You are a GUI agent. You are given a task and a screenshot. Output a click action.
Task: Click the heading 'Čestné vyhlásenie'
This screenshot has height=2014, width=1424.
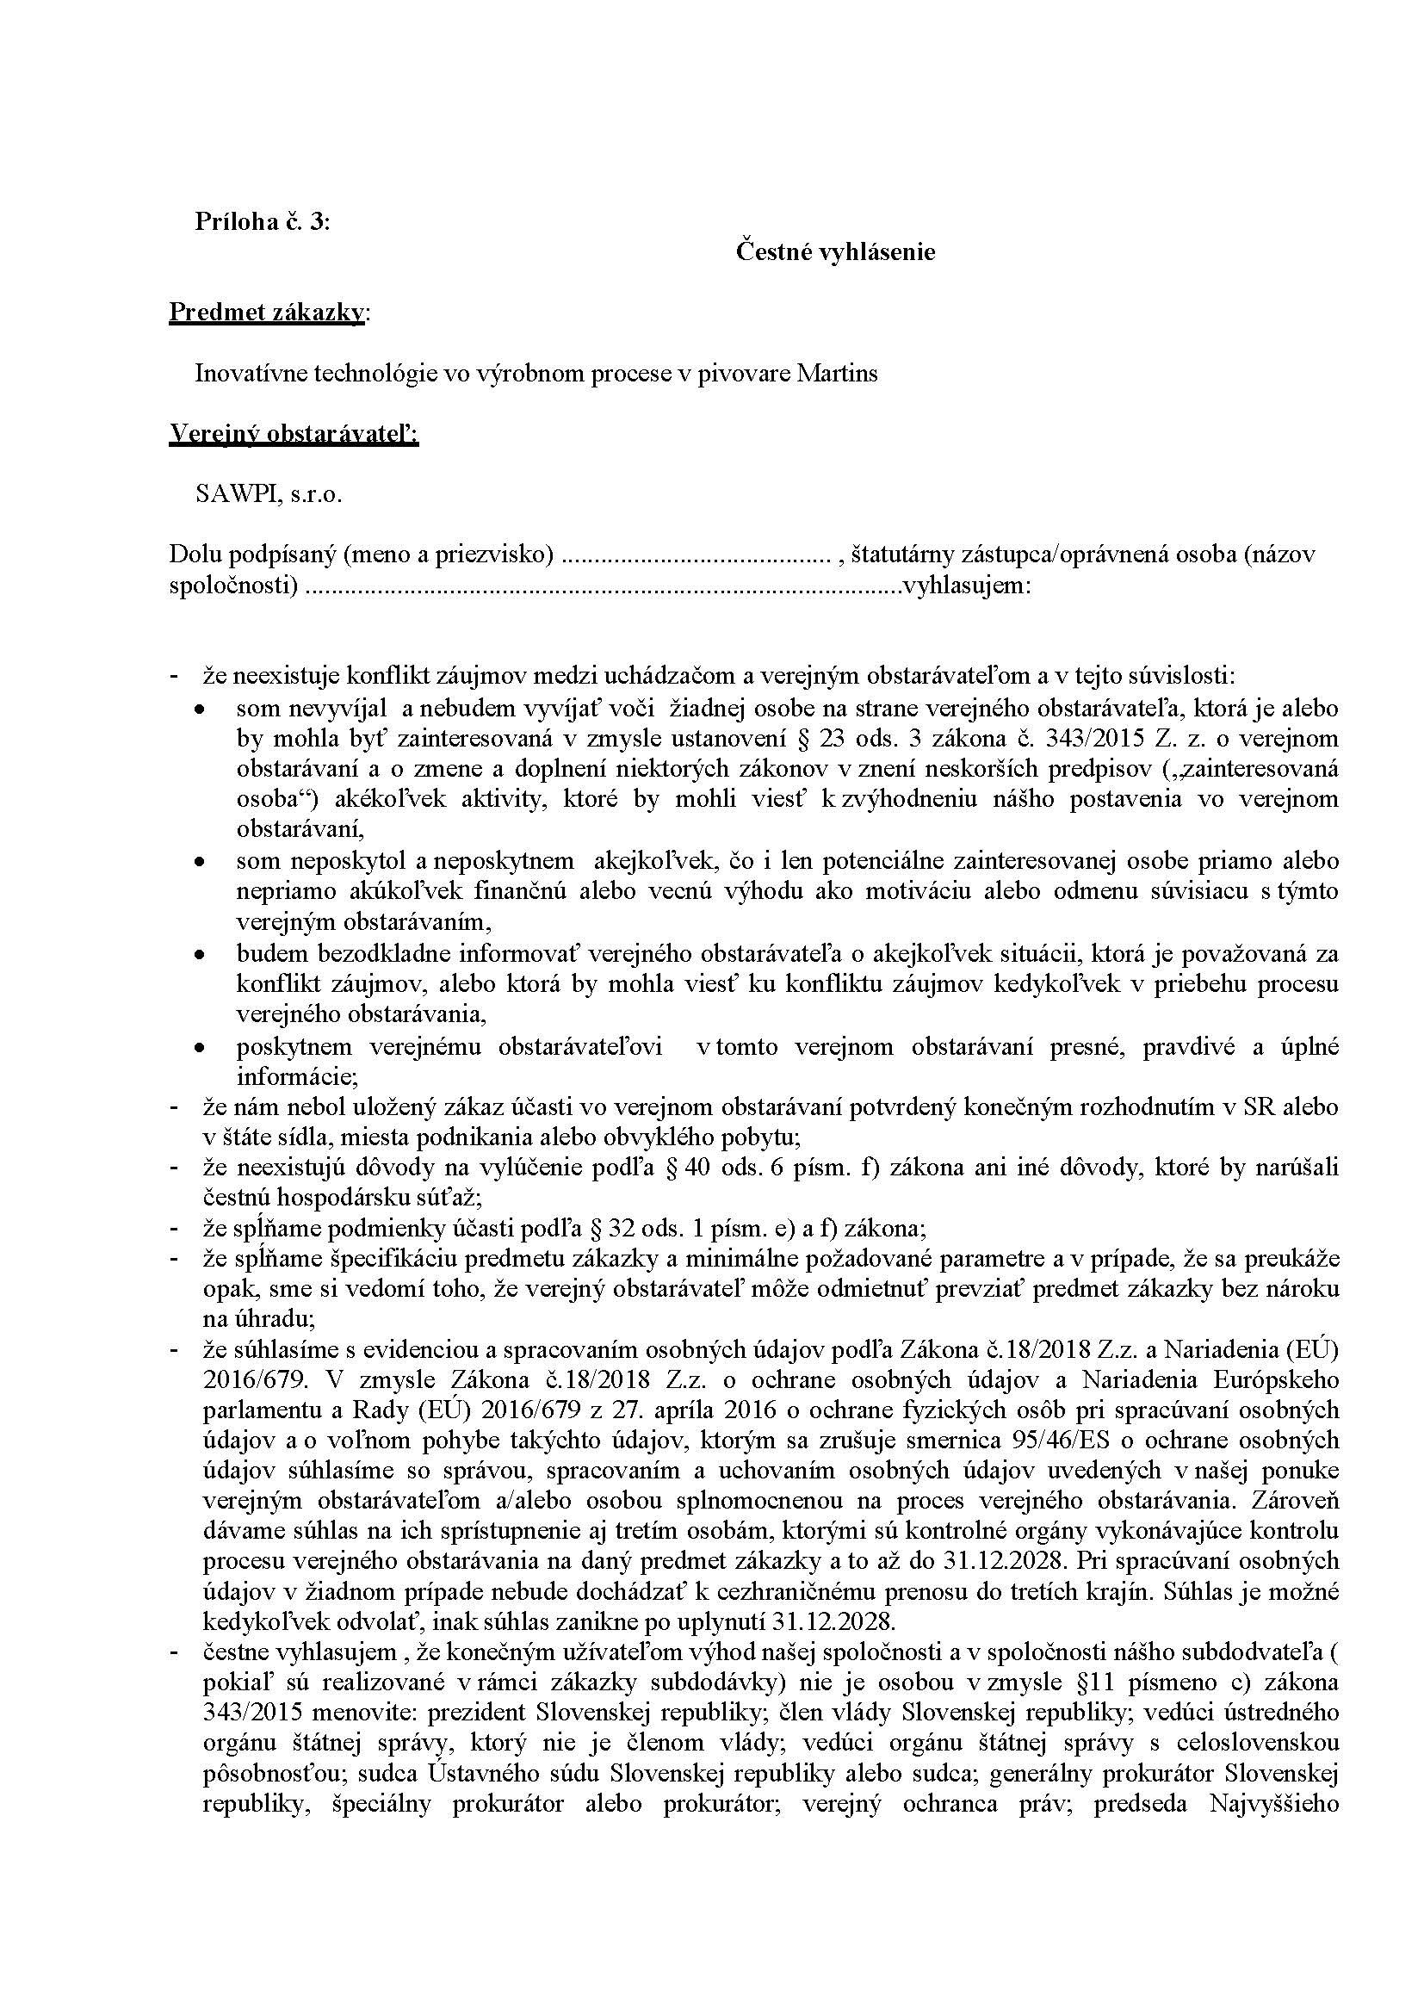pyautogui.click(x=835, y=252)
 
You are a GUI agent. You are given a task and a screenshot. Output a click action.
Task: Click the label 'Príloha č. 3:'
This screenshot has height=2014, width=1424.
pyautogui.click(x=263, y=222)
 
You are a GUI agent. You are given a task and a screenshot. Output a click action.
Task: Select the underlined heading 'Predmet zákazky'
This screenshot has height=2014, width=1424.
pyautogui.click(x=267, y=313)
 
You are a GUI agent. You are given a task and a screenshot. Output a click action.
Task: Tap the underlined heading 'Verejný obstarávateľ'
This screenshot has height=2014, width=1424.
pyautogui.click(x=293, y=434)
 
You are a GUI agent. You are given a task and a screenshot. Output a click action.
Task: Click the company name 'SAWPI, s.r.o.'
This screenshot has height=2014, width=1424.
pyautogui.click(x=269, y=495)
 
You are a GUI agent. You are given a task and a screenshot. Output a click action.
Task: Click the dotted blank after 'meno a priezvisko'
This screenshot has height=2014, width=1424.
pyautogui.click(x=695, y=556)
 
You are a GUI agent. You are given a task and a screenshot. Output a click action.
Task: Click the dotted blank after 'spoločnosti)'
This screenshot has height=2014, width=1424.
pyautogui.click(x=605, y=586)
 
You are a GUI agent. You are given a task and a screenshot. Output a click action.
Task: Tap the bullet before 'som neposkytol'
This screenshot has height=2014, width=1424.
pyautogui.click(x=201, y=862)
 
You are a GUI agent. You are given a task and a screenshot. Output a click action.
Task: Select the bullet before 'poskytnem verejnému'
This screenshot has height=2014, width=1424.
pyautogui.click(x=201, y=1047)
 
